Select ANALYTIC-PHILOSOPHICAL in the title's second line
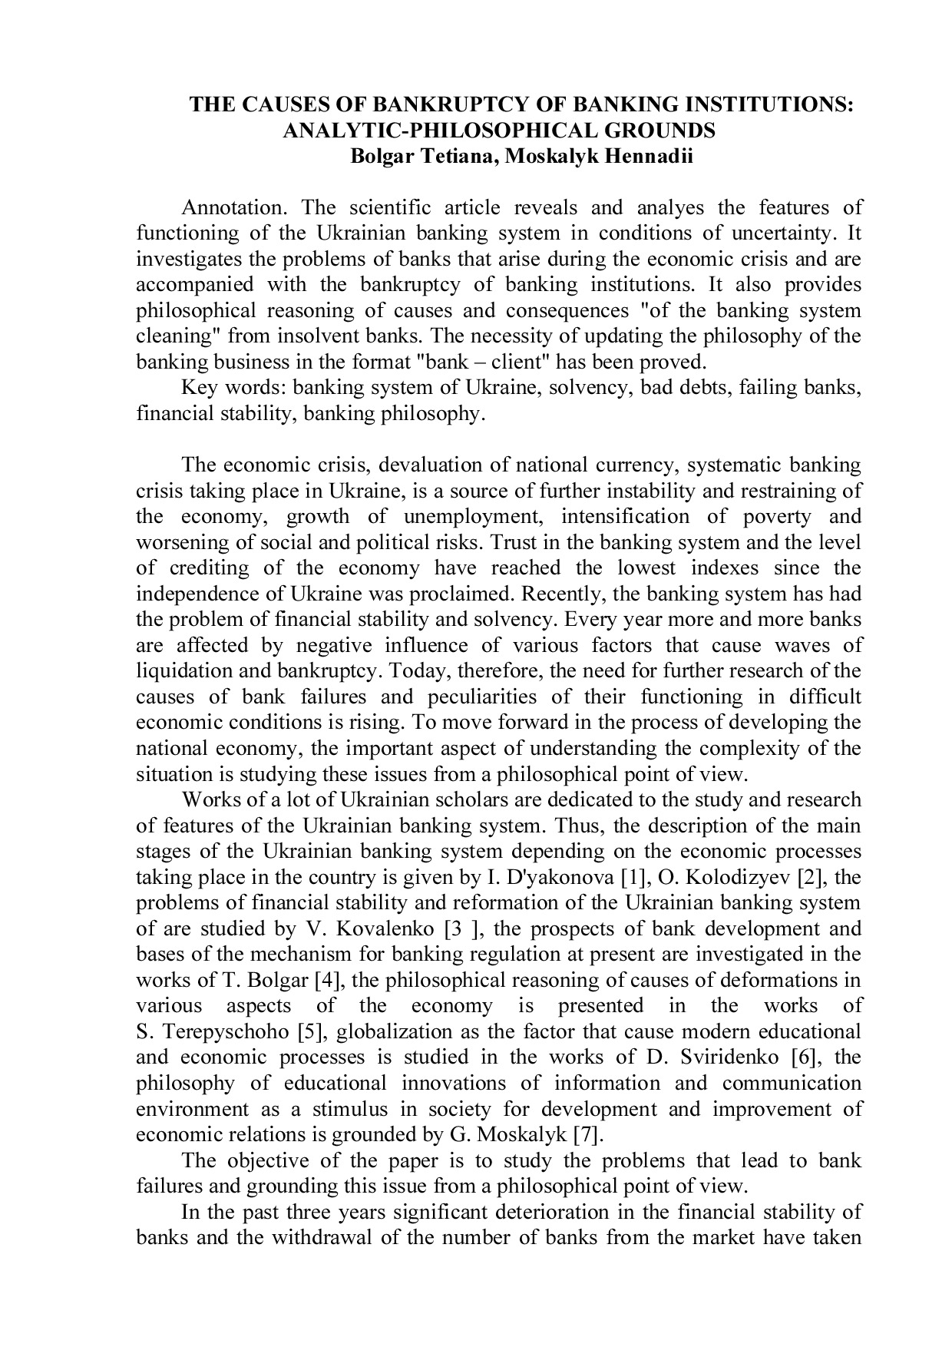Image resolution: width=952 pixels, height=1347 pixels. point(425,131)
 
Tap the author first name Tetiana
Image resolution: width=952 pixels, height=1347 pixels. point(449,157)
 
